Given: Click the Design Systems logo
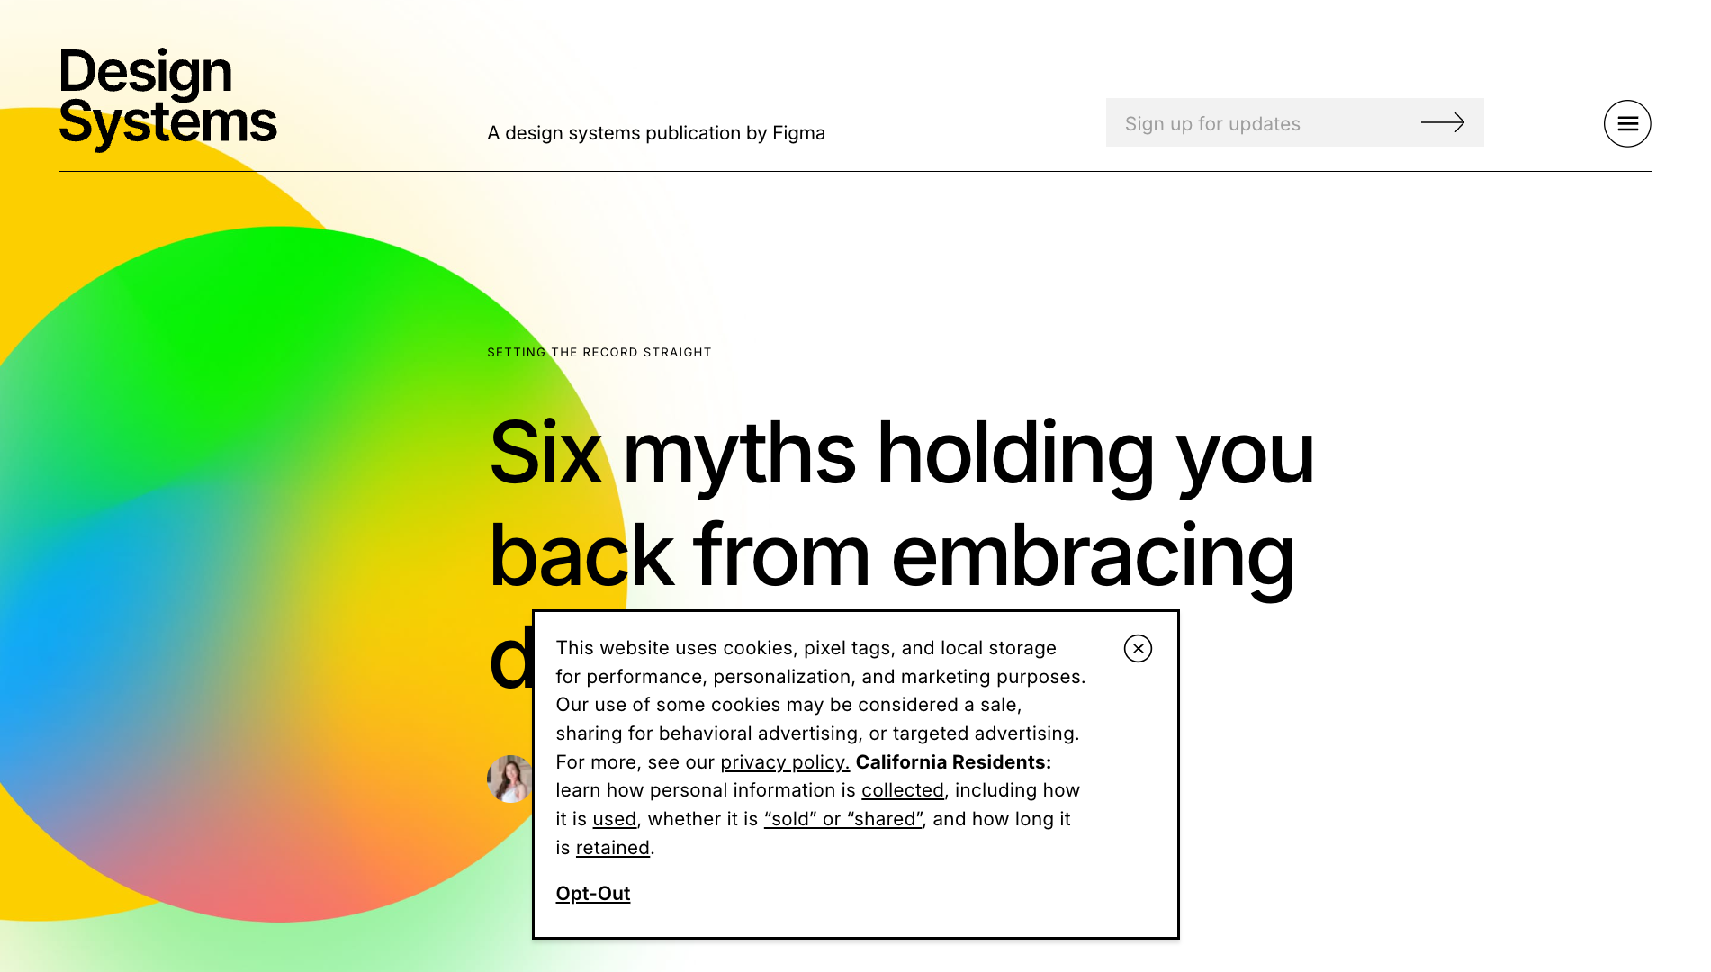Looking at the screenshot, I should pos(167,97).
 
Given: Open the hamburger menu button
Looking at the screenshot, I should pos(1626,123).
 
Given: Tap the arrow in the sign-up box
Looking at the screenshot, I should pos(1442,122).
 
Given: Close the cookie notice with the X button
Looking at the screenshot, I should pos(1138,648).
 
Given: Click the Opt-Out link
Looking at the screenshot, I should pos(593,894).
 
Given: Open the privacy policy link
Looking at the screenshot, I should pos(785,762).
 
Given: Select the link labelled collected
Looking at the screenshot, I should pos(903,790).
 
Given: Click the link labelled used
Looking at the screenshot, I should pos(615,819).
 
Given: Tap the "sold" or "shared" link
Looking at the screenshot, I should pos(843,819).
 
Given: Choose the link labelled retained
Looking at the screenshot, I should pos(613,848).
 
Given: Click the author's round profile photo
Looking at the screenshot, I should pos(509,778).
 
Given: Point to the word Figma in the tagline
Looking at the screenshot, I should pos(798,133).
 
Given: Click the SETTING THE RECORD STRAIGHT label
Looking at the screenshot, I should pos(599,352).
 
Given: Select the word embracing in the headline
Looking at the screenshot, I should pos(1093,556).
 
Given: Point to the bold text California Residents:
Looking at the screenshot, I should pos(953,762).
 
